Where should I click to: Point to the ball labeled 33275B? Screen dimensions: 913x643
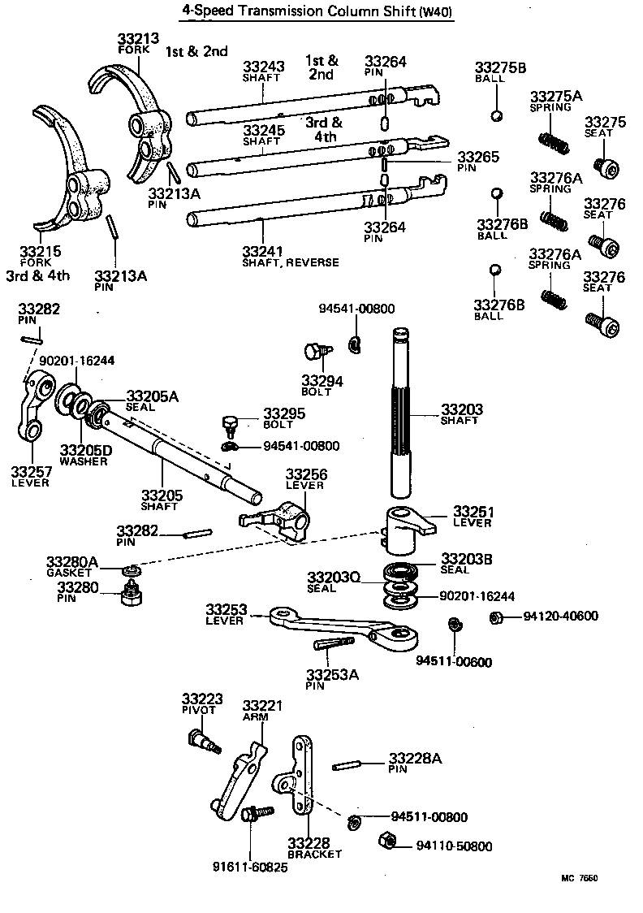click(497, 115)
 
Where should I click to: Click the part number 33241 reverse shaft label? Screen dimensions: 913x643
click(263, 251)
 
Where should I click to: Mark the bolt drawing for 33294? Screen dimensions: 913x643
click(315, 353)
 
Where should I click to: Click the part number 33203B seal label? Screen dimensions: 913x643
click(465, 559)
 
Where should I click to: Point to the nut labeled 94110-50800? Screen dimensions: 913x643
click(387, 840)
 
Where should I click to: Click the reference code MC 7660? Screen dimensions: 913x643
click(579, 878)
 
